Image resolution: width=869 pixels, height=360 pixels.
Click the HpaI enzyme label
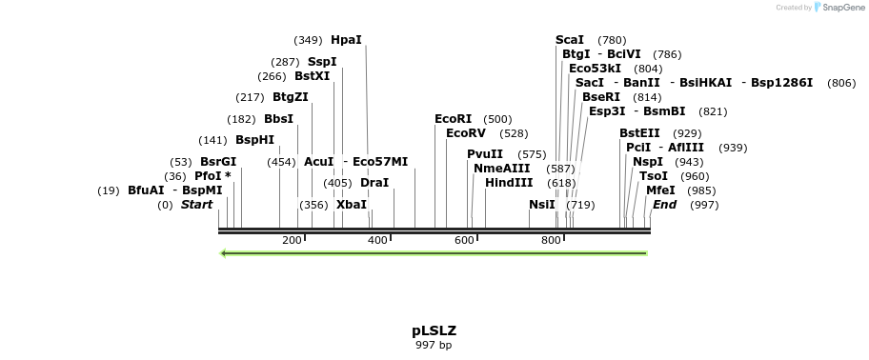click(x=346, y=40)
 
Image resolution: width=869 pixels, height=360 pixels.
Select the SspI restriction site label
click(x=322, y=62)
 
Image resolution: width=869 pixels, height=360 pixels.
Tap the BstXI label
click(x=312, y=76)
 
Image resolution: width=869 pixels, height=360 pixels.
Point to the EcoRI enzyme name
click(x=454, y=119)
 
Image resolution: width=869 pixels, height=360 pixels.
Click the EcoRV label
click(x=466, y=133)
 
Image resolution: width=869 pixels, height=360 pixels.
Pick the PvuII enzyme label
click(x=485, y=154)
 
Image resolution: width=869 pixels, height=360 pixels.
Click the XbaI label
click(x=352, y=205)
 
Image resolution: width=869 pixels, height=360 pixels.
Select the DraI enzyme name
click(x=374, y=183)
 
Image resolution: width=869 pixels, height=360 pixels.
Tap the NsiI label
click(x=542, y=205)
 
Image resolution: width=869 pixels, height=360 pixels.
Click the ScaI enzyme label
click(x=570, y=40)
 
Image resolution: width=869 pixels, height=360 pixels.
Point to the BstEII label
click(x=639, y=133)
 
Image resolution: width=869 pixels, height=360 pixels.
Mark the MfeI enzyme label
click(x=660, y=190)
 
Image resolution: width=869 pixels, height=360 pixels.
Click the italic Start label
click(x=197, y=205)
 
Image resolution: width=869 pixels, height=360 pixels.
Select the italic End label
click(x=664, y=205)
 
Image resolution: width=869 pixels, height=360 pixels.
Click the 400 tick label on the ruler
click(x=377, y=240)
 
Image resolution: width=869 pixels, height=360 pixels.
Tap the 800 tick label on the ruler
click(x=551, y=240)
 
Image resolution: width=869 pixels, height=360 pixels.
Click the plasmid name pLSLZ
click(x=434, y=330)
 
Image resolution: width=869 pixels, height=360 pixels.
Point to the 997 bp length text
click(x=434, y=345)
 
